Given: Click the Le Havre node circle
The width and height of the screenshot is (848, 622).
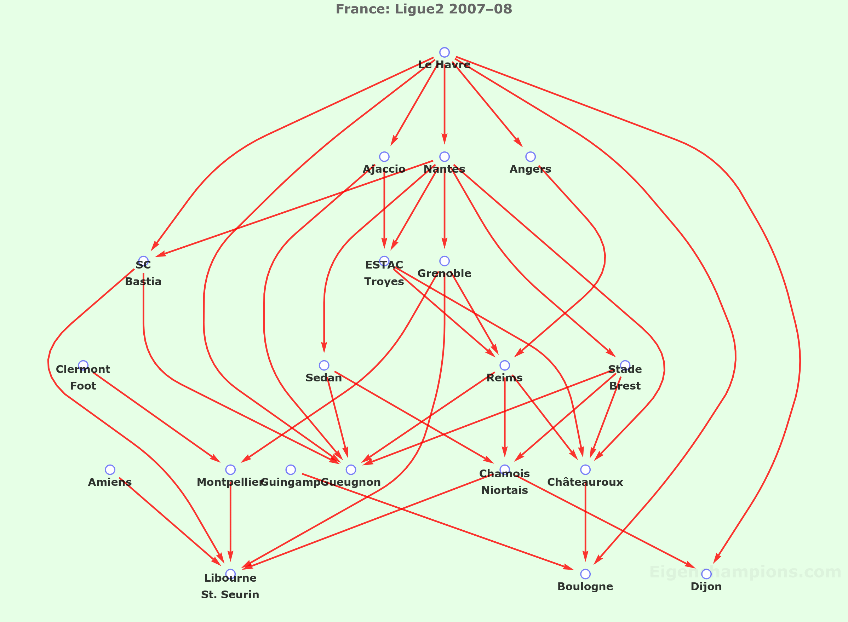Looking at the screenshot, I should pyautogui.click(x=444, y=52).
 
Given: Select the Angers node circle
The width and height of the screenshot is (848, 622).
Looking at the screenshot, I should pyautogui.click(x=530, y=157).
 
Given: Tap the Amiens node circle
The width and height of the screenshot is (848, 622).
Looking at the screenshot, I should pyautogui.click(x=110, y=470).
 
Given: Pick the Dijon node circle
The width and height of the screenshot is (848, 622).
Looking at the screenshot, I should pyautogui.click(x=706, y=574).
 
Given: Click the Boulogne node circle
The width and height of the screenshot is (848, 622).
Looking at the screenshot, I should pyautogui.click(x=585, y=574).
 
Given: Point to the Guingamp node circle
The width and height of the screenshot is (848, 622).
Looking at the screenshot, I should pyautogui.click(x=291, y=470).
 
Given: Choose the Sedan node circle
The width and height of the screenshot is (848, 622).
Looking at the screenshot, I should pyautogui.click(x=324, y=365).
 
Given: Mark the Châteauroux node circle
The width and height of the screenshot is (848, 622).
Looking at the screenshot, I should pyautogui.click(x=585, y=470).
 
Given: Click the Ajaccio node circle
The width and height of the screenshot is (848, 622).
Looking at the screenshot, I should pyautogui.click(x=384, y=157).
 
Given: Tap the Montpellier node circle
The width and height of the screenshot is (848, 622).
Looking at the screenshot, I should pyautogui.click(x=230, y=470).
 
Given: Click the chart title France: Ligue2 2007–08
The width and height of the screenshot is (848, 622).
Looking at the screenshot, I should pyautogui.click(x=424, y=9).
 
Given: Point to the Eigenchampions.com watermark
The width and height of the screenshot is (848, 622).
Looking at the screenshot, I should pyautogui.click(x=745, y=572).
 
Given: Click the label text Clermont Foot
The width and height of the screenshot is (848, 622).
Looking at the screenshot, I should pyautogui.click(x=83, y=378).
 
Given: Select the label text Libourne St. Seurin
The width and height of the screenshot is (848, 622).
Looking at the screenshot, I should pyautogui.click(x=230, y=586).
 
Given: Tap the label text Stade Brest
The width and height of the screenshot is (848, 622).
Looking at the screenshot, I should pyautogui.click(x=625, y=378).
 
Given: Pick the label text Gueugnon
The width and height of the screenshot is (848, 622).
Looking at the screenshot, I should pyautogui.click(x=351, y=482).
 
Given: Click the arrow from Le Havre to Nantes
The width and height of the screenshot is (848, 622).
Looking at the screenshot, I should pyautogui.click(x=444, y=105).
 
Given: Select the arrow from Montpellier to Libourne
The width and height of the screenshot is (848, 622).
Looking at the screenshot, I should pyautogui.click(x=230, y=523).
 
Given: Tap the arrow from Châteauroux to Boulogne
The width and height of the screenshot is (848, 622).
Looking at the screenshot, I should pyautogui.click(x=585, y=523).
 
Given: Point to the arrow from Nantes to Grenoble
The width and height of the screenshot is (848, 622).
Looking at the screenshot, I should pyautogui.click(x=444, y=211).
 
